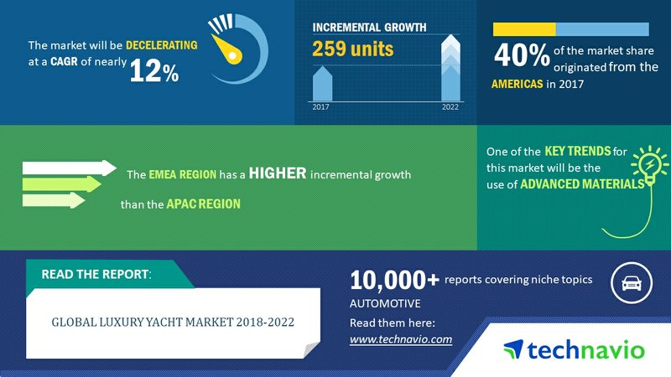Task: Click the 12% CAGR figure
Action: coord(154,70)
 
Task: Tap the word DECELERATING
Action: coord(162,45)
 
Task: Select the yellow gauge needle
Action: coord(227,49)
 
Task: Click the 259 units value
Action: coord(352,49)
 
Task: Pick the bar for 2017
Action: coord(322,84)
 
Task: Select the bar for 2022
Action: coord(450,68)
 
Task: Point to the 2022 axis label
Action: coord(450,107)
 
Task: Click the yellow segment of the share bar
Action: coord(524,29)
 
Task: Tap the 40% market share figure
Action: coord(522,55)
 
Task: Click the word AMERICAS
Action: coord(517,84)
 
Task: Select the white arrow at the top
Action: coord(70,168)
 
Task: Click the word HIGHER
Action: coord(278,173)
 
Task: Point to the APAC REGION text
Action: coord(203,204)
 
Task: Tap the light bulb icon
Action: coord(649,164)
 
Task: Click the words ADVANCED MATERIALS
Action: coord(582,184)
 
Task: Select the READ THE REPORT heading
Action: coord(96,274)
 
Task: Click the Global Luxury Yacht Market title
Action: coord(173,322)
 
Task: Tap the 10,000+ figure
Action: coord(394,280)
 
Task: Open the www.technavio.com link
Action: coord(401,339)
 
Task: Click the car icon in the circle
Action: coord(632,283)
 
